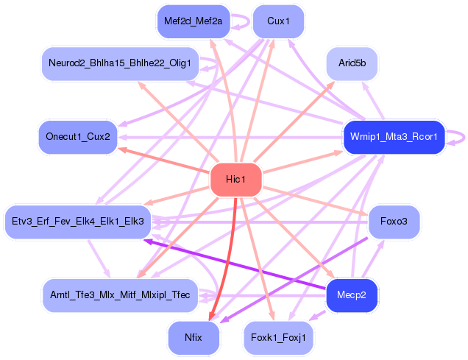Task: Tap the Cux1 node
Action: (278, 21)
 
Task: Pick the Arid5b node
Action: (352, 64)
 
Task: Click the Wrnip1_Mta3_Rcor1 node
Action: (394, 137)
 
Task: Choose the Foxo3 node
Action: (394, 221)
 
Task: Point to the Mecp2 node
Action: (352, 295)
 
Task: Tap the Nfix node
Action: (194, 338)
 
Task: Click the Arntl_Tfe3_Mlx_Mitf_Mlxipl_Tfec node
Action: (121, 295)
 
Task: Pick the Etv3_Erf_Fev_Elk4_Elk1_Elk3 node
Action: (78, 221)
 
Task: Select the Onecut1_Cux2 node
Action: (78, 137)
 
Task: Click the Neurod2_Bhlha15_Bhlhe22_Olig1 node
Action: (121, 64)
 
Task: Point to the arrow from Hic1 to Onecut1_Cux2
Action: (162, 160)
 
